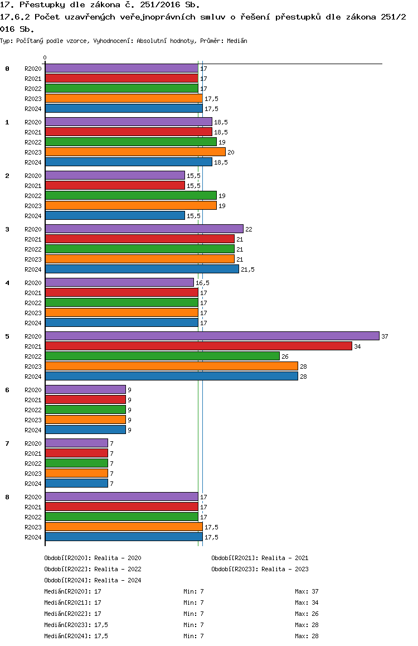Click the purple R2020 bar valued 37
pyautogui.click(x=212, y=336)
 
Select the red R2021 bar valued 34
pyautogui.click(x=199, y=346)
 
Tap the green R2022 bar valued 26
pyautogui.click(x=163, y=356)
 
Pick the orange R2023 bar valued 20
pyautogui.click(x=135, y=152)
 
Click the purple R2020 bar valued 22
pyautogui.click(x=144, y=229)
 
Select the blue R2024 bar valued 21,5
pyautogui.click(x=142, y=269)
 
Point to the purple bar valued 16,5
pyautogui.click(x=119, y=283)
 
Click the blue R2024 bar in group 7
pyautogui.click(x=76, y=483)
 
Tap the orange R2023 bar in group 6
pyautogui.click(x=86, y=420)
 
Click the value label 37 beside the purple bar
pyautogui.click(x=385, y=336)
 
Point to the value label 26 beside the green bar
pyautogui.click(x=285, y=356)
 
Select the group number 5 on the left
pyautogui.click(x=7, y=336)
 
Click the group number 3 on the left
pyautogui.click(x=7, y=229)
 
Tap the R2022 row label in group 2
pyautogui.click(x=33, y=196)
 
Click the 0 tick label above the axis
pyautogui.click(x=45, y=57)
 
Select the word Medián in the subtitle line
pyautogui.click(x=237, y=41)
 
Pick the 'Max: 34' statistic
pyautogui.click(x=307, y=602)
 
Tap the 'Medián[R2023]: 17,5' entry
pyautogui.click(x=76, y=625)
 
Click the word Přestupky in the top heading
pyautogui.click(x=42, y=5)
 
